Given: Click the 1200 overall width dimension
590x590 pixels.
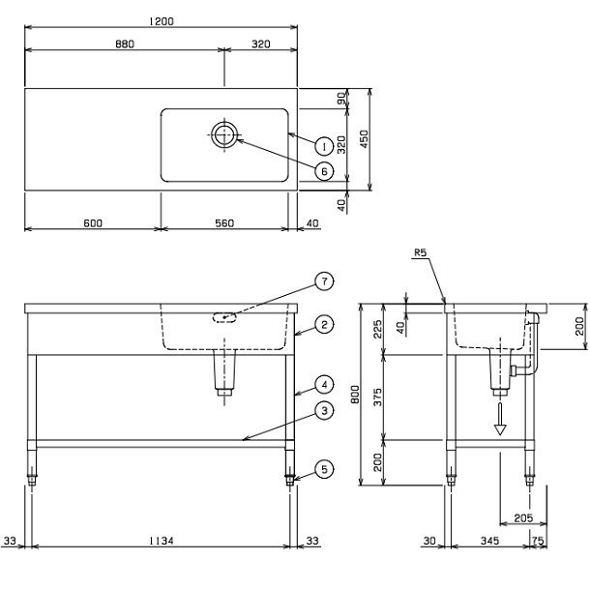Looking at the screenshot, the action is pos(162,21).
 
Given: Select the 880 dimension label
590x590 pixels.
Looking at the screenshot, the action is pos(125,44).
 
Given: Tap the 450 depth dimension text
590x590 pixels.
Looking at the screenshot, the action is pos(365,139).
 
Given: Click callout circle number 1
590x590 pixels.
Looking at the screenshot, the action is pos(324,146).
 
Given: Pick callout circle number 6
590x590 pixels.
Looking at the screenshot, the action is pos(324,171).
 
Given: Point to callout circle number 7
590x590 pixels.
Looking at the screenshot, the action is pos(324,281).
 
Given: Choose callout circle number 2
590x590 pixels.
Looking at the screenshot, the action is pos(324,324).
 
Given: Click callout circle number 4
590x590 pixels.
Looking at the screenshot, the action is pos(324,385).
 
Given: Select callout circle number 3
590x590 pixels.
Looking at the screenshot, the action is pos(324,411).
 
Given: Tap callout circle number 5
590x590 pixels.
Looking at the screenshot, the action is pos(324,469).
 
